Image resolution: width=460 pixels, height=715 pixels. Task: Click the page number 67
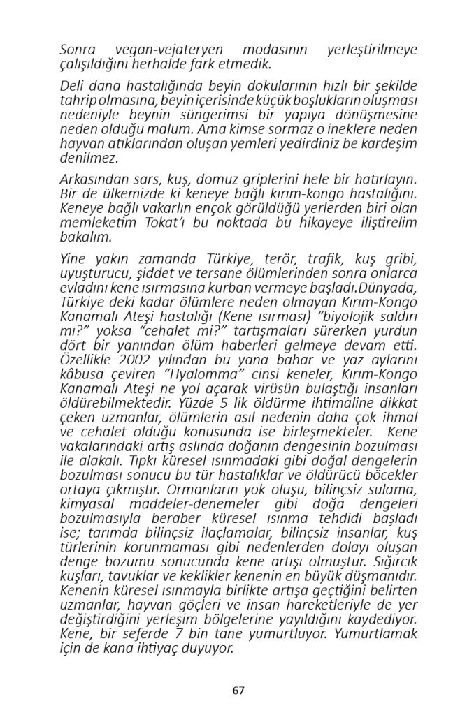click(x=238, y=691)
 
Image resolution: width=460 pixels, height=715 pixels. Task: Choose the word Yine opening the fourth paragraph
click(x=72, y=261)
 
